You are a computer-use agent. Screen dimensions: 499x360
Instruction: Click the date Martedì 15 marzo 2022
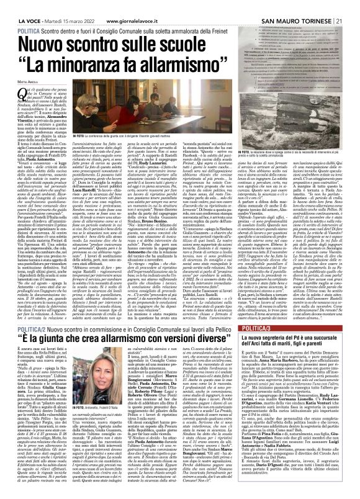pyautogui.click(x=63, y=6)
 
